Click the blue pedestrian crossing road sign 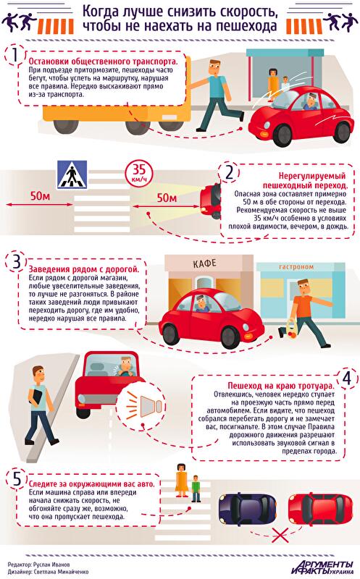(x=72, y=174)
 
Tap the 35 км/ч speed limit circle (x=139, y=173)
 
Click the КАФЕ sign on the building (x=204, y=263)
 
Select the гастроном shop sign (x=296, y=266)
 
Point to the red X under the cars (x=280, y=534)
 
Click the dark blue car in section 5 (x=247, y=510)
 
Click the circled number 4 (x=346, y=378)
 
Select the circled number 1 (x=14, y=56)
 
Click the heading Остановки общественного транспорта (x=103, y=62)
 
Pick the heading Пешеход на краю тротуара (x=280, y=386)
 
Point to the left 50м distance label (x=40, y=195)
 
